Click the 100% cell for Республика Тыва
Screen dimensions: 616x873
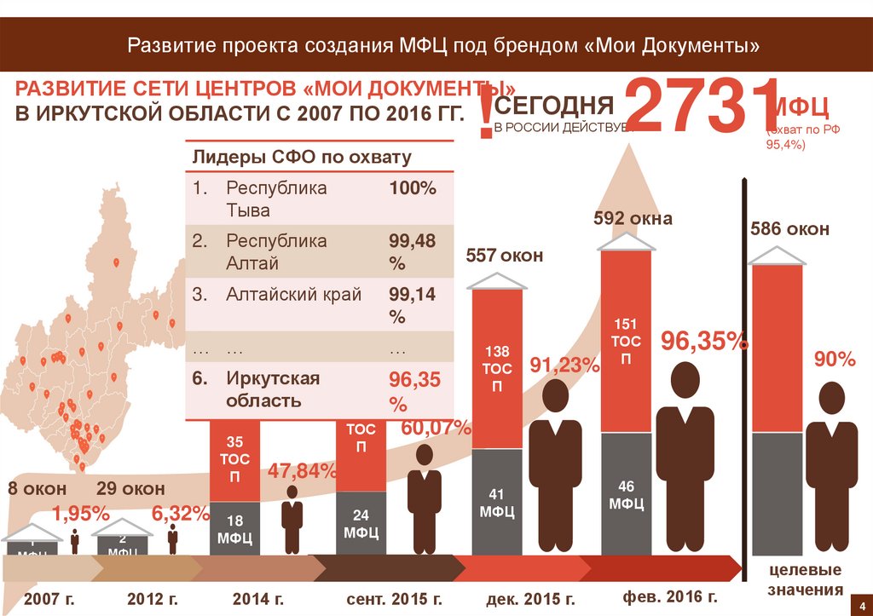[413, 188]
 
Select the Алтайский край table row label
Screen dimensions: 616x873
[294, 295]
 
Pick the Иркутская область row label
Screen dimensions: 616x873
[273, 389]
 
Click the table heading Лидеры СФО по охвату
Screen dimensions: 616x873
[302, 157]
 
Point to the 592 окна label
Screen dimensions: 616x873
[633, 219]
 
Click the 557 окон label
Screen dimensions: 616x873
[504, 255]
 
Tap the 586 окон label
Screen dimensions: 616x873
[789, 229]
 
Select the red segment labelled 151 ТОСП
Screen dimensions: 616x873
[626, 341]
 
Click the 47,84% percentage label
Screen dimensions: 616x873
[304, 471]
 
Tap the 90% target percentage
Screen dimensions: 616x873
[835, 359]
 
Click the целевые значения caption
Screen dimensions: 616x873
[805, 579]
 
